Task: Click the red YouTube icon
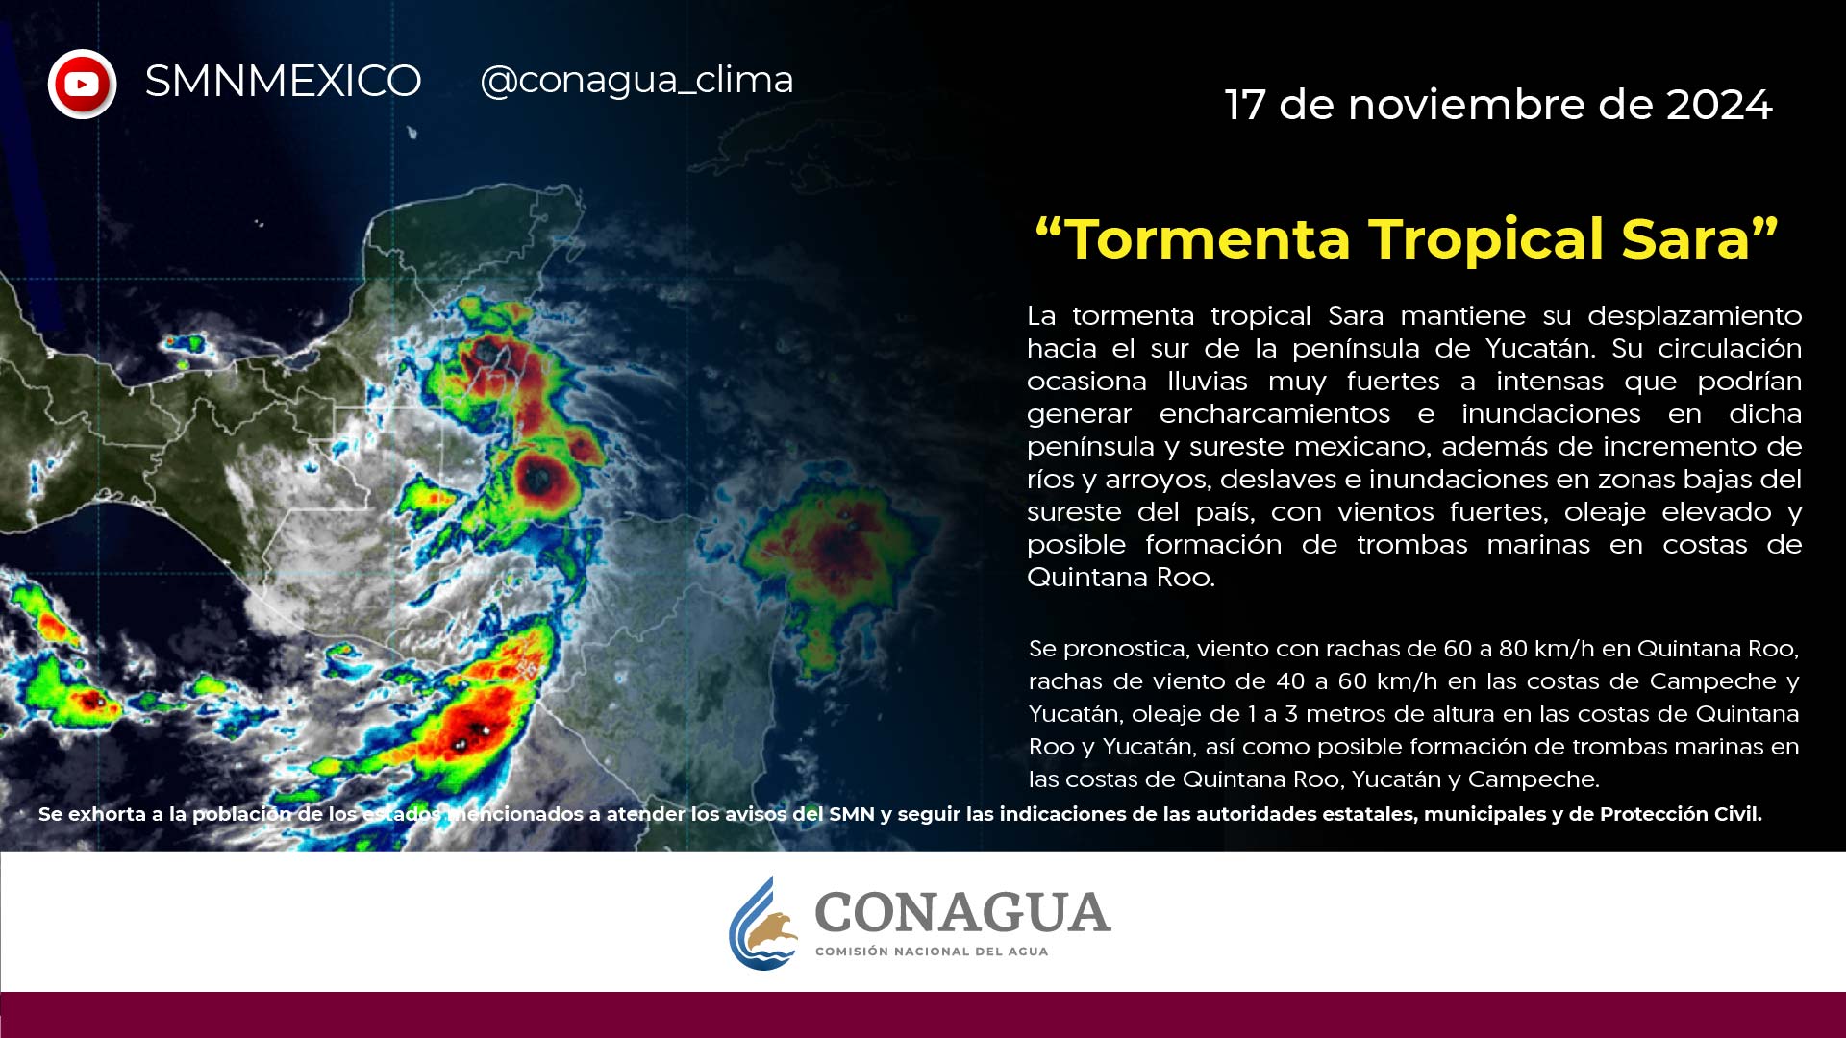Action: (83, 85)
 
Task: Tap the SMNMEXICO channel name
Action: (283, 81)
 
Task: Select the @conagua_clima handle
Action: (636, 80)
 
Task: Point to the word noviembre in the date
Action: (1466, 105)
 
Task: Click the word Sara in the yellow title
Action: (1685, 238)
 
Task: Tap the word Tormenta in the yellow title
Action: (1210, 238)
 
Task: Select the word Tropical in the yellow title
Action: (1486, 240)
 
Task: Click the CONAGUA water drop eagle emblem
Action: (763, 924)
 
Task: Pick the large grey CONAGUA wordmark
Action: (962, 912)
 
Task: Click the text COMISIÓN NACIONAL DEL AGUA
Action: (932, 951)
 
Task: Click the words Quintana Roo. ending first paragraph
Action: (1121, 577)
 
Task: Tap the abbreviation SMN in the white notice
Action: (852, 814)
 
